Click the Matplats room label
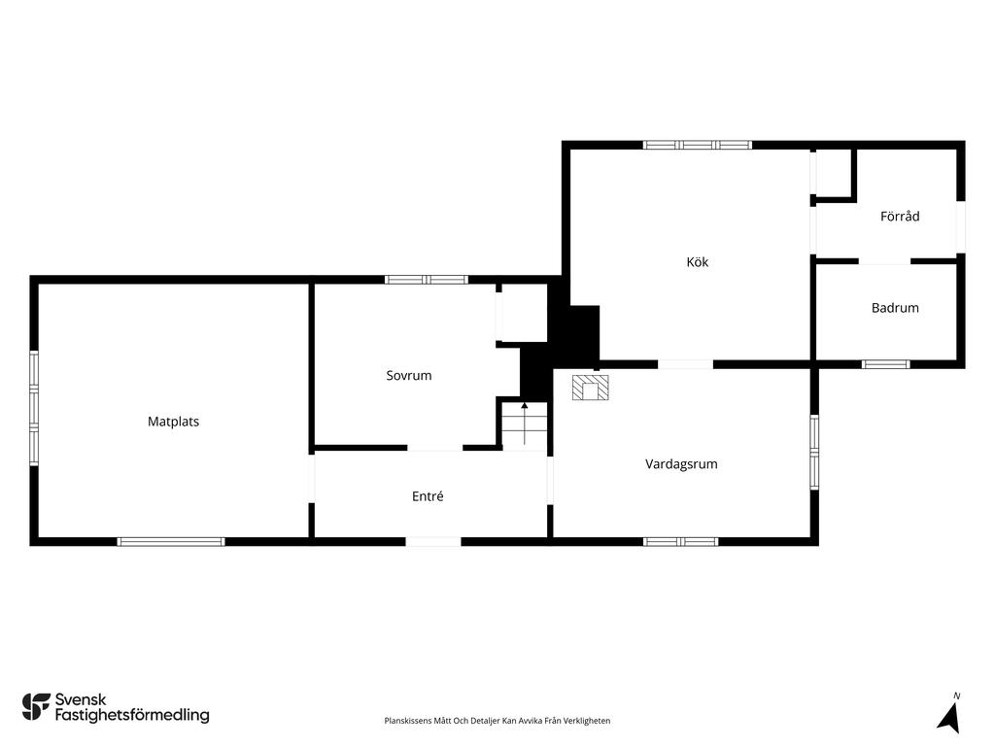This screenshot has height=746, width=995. [173, 422]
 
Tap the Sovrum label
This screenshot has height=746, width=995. [409, 376]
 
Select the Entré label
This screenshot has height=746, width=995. [428, 496]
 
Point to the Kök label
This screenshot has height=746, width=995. [697, 262]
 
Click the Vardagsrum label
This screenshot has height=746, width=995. [681, 464]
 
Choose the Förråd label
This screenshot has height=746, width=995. [899, 217]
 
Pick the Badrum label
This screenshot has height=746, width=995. [895, 308]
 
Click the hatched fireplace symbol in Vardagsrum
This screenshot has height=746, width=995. [590, 388]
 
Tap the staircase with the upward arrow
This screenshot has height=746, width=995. [525, 425]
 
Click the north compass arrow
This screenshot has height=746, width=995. [948, 718]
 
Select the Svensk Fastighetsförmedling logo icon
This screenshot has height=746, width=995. [36, 707]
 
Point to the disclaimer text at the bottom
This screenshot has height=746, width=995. [497, 721]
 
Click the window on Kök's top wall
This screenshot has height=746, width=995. [697, 145]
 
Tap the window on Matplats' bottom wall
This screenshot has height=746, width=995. [171, 542]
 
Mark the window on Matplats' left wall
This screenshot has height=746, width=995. [34, 408]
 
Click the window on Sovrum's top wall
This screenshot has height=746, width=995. [427, 280]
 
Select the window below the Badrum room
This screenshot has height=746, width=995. [885, 364]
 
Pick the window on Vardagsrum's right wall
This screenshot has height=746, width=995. [814, 452]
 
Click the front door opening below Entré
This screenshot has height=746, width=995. [433, 542]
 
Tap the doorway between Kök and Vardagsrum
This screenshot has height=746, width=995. [685, 364]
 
